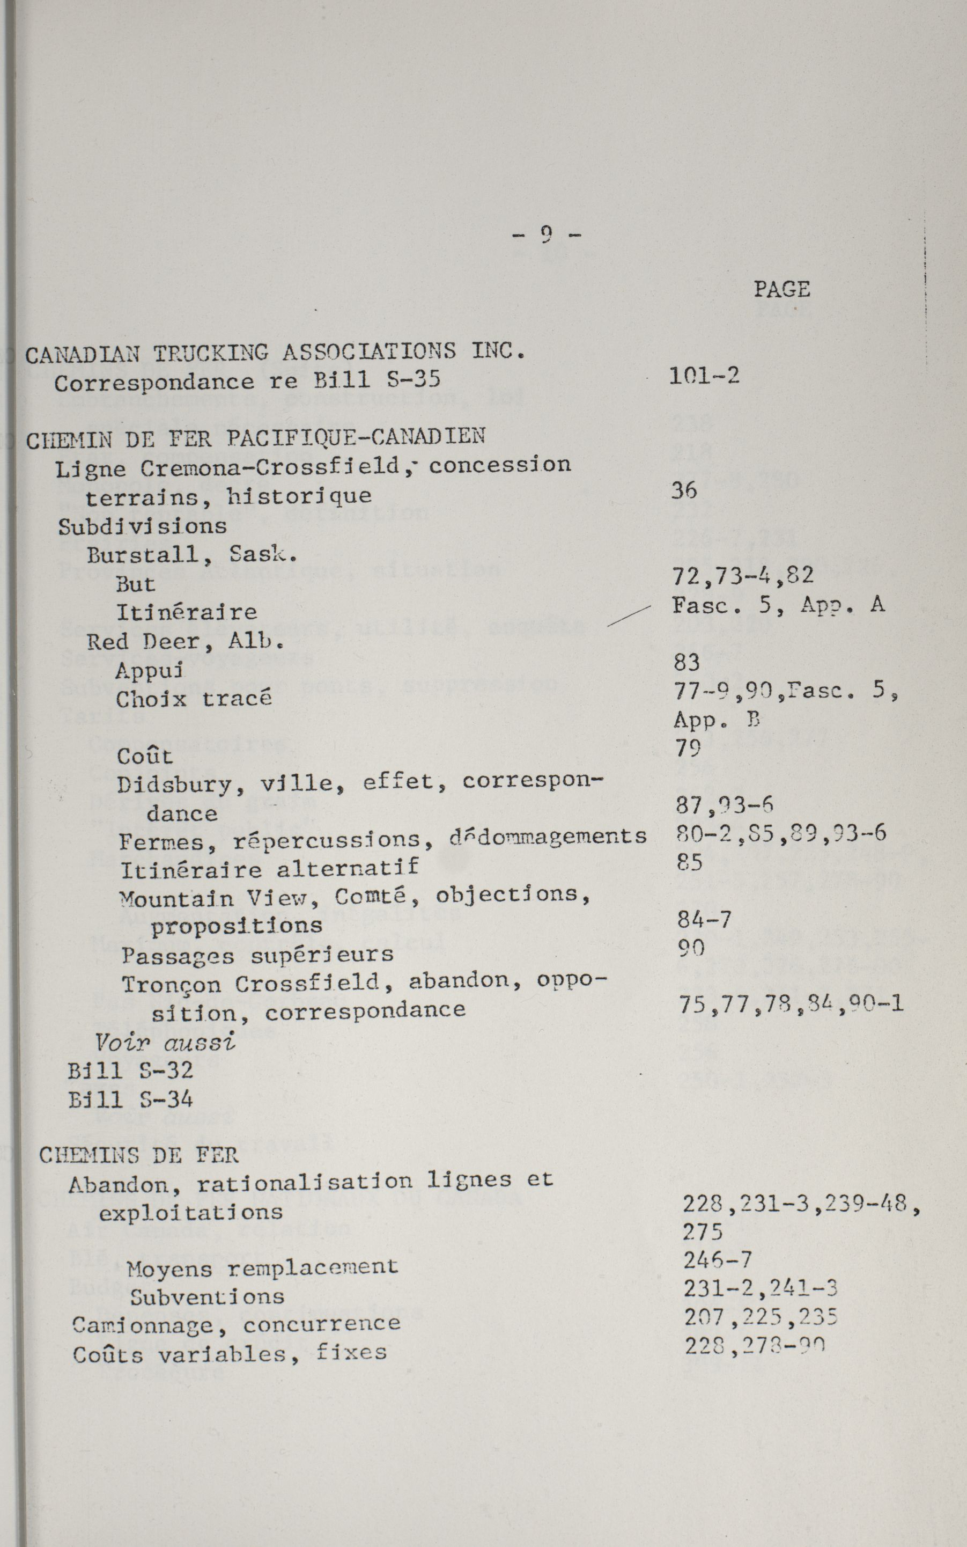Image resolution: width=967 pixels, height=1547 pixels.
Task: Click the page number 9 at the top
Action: click(x=546, y=236)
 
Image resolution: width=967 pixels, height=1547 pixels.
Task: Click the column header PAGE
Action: click(x=781, y=289)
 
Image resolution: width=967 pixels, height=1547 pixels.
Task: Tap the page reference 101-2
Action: click(x=704, y=376)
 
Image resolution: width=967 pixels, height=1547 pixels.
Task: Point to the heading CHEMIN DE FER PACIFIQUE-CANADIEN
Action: click(x=256, y=438)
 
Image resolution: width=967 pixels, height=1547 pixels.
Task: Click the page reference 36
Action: click(x=684, y=490)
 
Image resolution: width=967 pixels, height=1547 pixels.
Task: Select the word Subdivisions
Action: click(x=143, y=526)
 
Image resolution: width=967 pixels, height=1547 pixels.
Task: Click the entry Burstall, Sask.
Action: click(x=192, y=555)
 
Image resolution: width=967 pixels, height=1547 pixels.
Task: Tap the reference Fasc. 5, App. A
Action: click(x=778, y=605)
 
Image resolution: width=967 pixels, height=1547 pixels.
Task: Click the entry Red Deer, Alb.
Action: click(x=186, y=641)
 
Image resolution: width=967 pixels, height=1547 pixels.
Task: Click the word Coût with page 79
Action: click(x=144, y=756)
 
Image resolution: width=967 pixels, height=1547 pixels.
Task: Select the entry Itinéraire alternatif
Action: click(x=269, y=869)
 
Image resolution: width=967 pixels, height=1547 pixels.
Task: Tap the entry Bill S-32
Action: click(x=130, y=1071)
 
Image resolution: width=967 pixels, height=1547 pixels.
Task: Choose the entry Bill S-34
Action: click(x=130, y=1100)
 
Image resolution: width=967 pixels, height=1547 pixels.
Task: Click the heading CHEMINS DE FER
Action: click(x=139, y=1155)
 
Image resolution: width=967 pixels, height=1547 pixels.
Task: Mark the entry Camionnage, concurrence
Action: click(x=236, y=1323)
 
